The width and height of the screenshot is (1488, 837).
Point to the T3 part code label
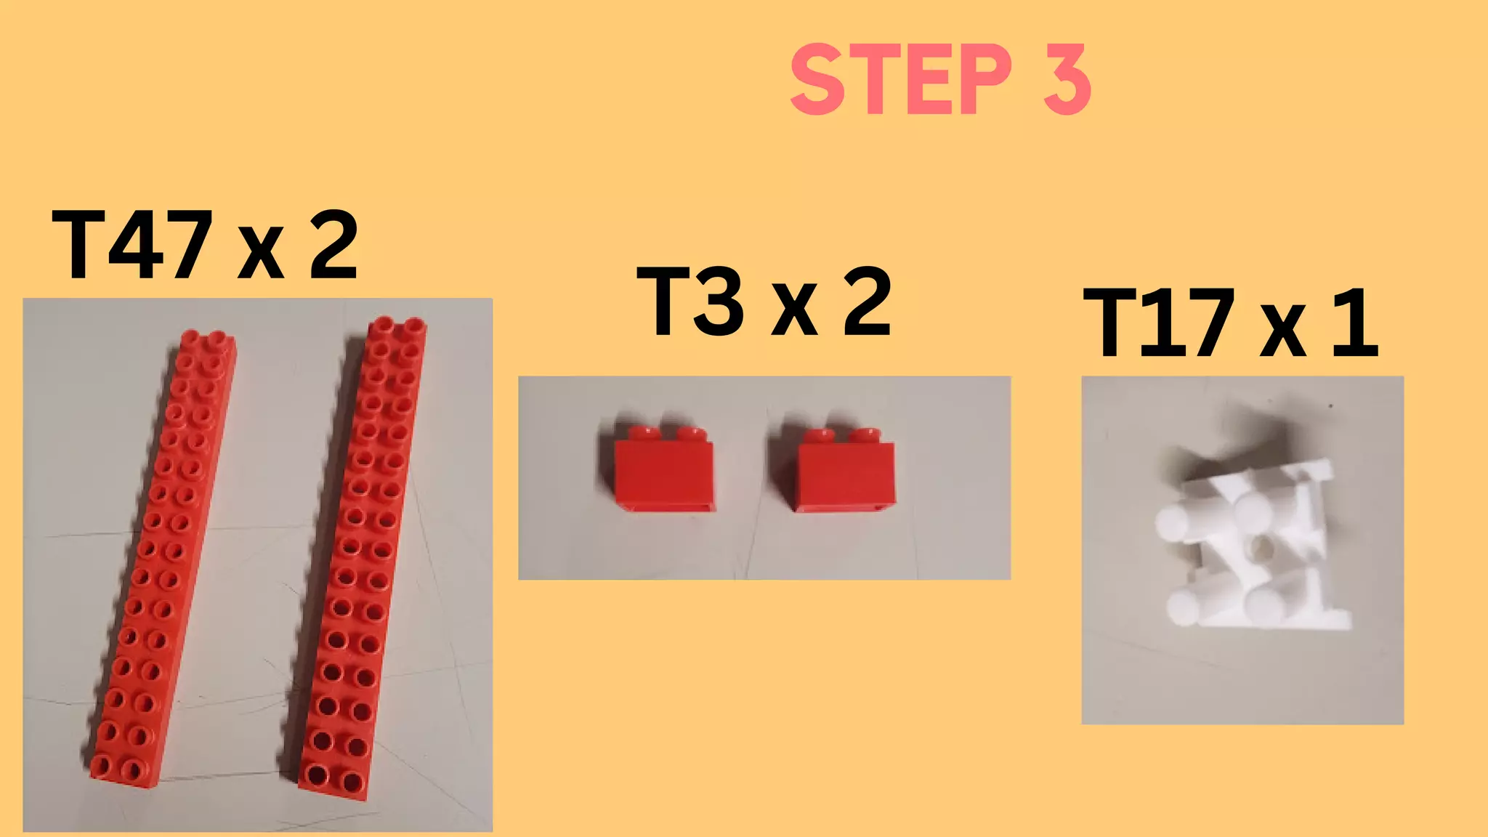691,302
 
